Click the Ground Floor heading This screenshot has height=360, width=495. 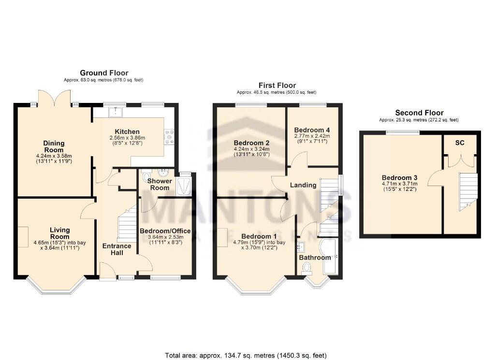click(104, 73)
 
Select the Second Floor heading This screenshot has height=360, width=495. click(419, 113)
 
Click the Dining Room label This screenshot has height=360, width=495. click(54, 146)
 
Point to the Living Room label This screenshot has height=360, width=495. click(59, 233)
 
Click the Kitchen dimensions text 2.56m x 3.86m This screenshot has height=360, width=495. click(127, 138)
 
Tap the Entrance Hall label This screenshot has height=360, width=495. click(116, 249)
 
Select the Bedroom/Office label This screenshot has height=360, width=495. click(164, 231)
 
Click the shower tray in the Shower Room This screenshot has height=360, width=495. click(185, 185)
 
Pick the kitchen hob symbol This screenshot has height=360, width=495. click(169, 136)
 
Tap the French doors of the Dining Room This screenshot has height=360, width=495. click(56, 99)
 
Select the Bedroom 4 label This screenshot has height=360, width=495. click(312, 130)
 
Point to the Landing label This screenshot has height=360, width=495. click(303, 185)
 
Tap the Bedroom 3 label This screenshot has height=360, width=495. click(399, 177)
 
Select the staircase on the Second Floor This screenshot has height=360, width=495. click(467, 191)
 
